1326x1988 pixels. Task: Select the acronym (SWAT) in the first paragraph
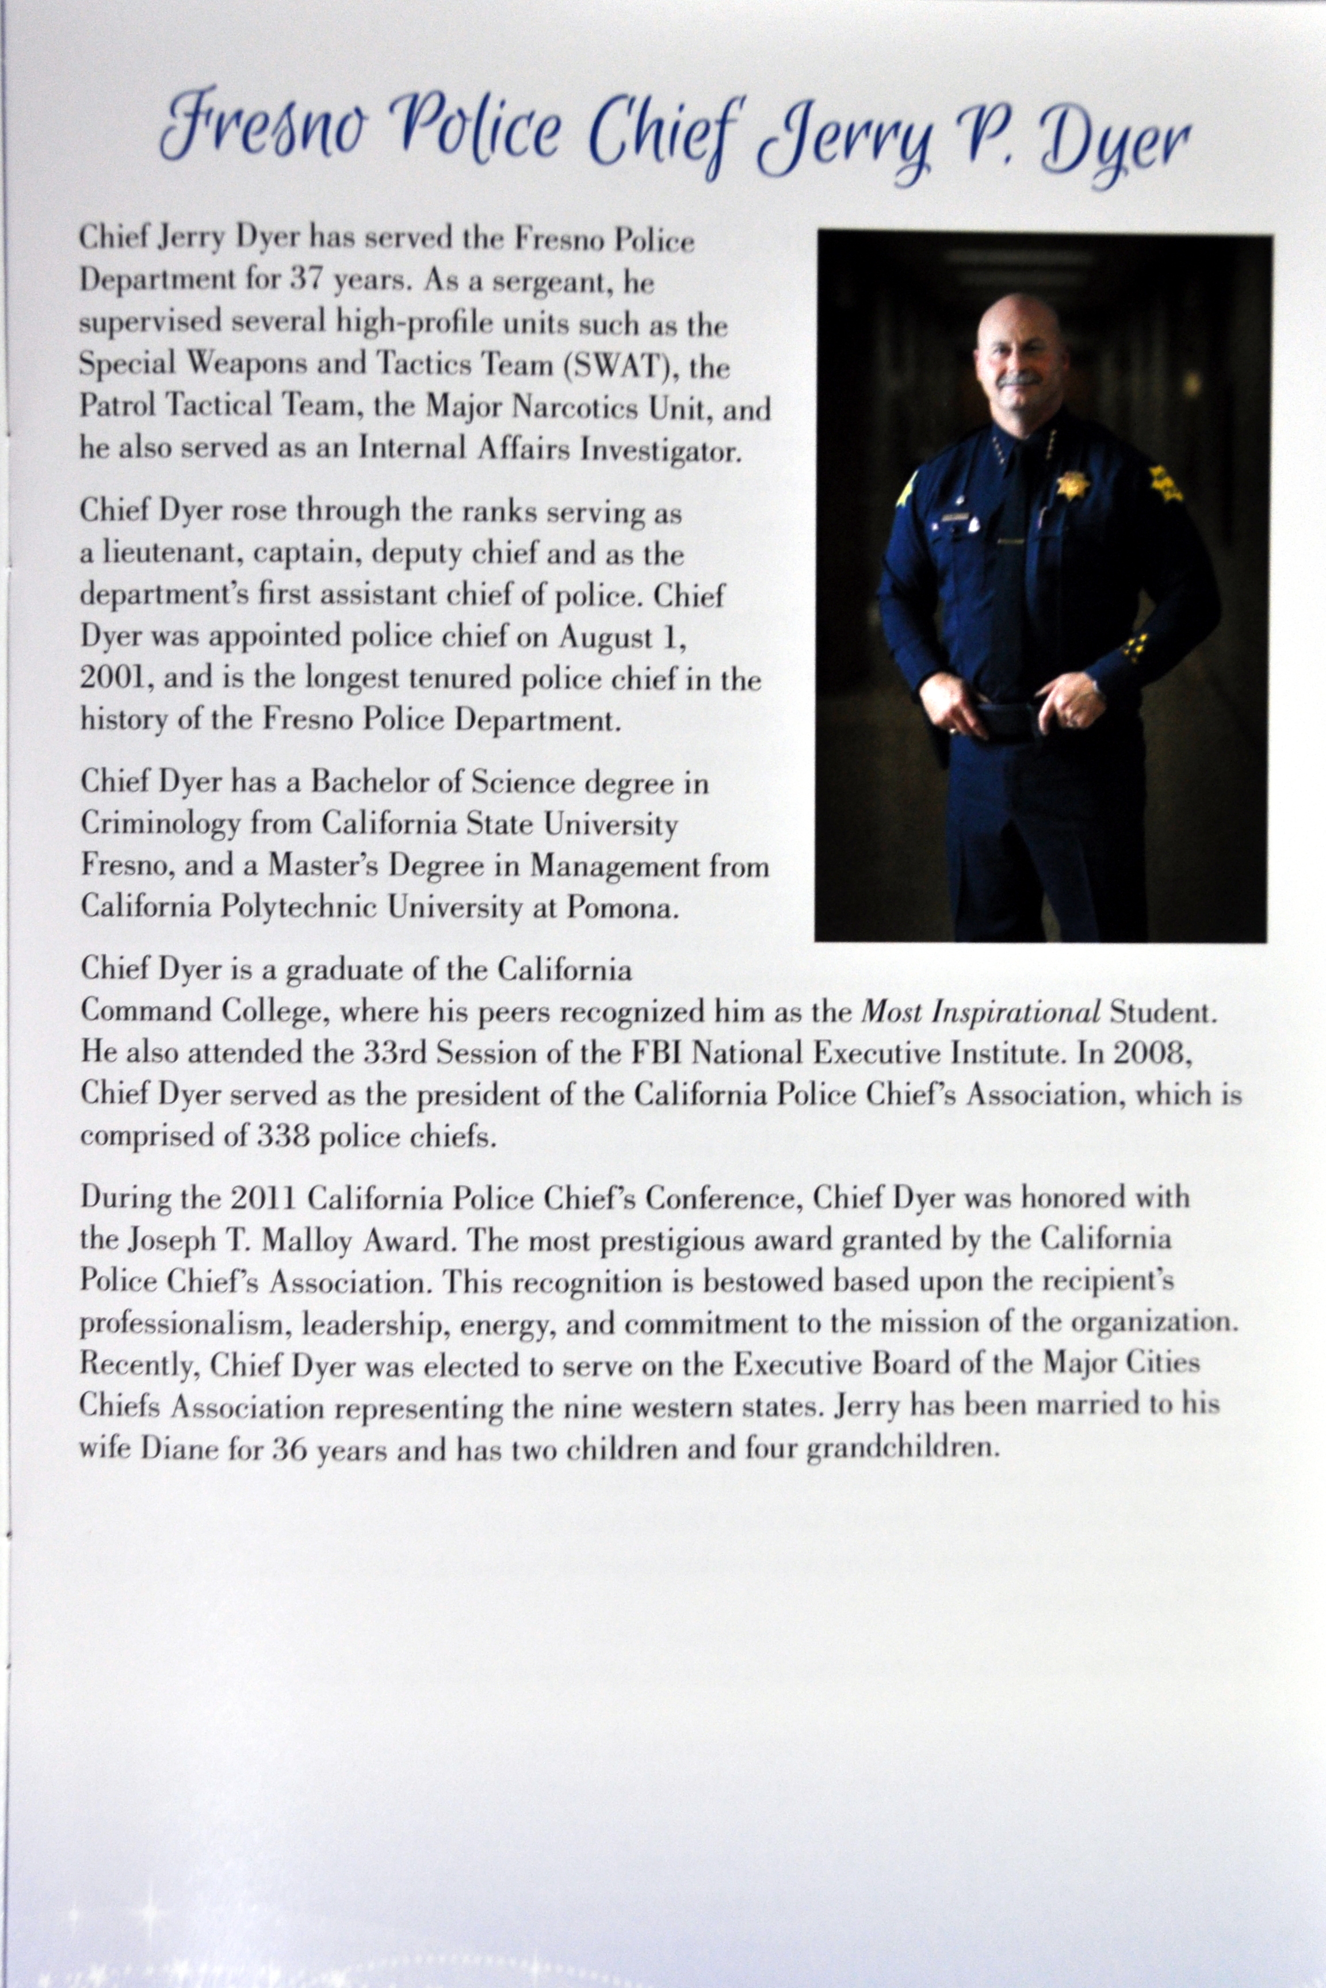pyautogui.click(x=624, y=368)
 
